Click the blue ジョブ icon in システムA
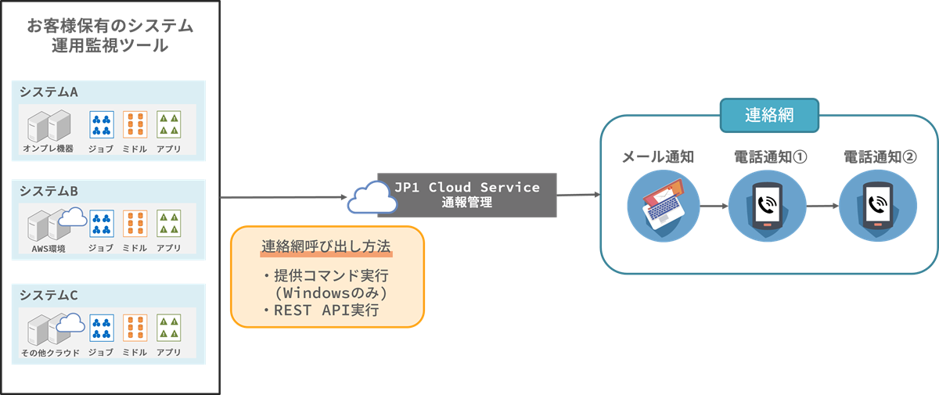(102, 124)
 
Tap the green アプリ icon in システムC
(169, 328)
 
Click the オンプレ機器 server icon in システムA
(49, 125)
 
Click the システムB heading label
(49, 191)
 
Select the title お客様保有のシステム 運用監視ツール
(110, 35)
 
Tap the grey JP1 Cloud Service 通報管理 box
(468, 195)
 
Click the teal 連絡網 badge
(769, 116)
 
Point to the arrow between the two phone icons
(822, 206)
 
